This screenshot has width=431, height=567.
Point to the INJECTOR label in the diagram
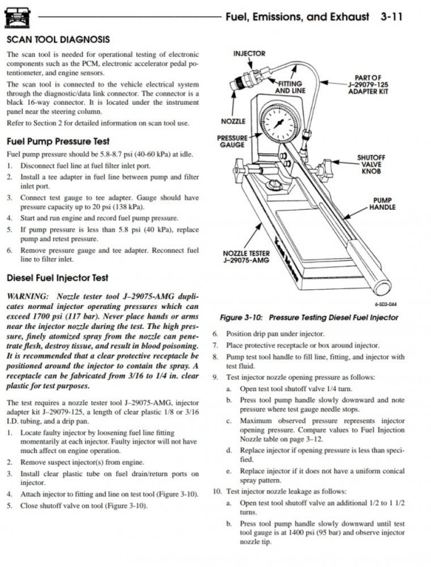(249, 53)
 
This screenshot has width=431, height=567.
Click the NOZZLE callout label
(233, 120)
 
